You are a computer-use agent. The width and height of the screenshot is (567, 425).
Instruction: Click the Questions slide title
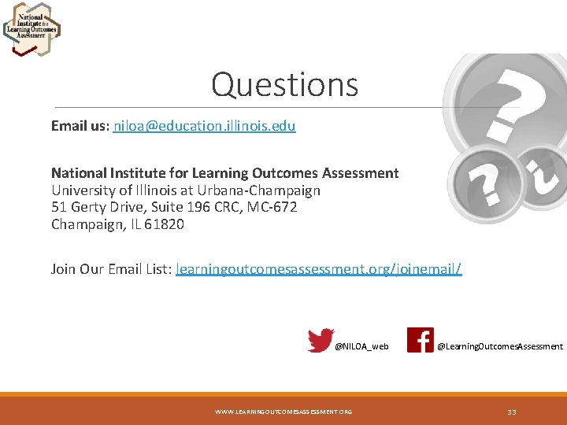pos(284,85)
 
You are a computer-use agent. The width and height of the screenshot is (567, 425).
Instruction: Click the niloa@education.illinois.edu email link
pos(205,126)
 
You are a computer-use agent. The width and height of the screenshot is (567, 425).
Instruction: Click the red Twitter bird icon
pos(321,340)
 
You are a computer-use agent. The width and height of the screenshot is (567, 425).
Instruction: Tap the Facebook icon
pos(420,340)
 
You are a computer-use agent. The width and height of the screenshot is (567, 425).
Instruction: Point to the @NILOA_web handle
pos(361,346)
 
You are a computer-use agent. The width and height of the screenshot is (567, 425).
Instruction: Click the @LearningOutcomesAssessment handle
pos(500,346)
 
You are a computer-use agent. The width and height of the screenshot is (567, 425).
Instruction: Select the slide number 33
pos(512,412)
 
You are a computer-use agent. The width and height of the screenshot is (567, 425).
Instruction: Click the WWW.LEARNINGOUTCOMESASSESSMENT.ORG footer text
pos(283,412)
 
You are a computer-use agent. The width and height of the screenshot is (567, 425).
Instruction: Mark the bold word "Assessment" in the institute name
pos(361,173)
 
